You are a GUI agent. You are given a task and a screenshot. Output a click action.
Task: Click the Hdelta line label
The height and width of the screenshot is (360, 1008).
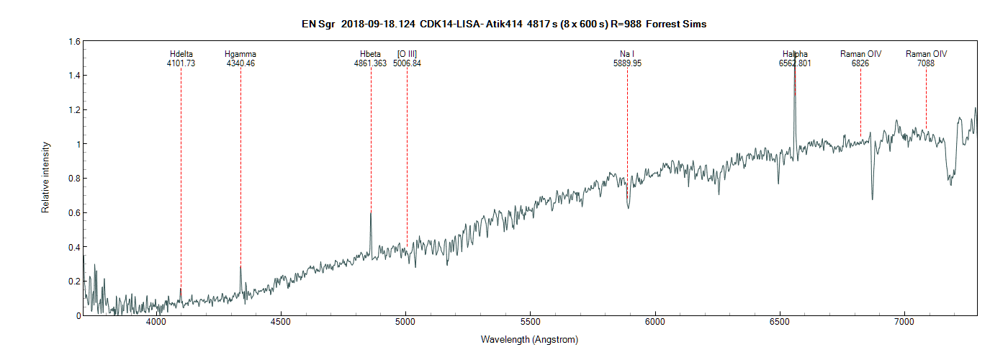pyautogui.click(x=181, y=54)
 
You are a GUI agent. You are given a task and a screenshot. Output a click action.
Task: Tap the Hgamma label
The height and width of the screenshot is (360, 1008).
pyautogui.click(x=240, y=54)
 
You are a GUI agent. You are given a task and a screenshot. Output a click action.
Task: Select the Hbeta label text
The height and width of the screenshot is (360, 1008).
pyautogui.click(x=371, y=54)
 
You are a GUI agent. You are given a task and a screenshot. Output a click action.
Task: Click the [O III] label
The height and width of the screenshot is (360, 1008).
pyautogui.click(x=407, y=54)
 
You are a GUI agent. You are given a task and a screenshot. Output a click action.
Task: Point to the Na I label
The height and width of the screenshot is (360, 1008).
pyautogui.click(x=627, y=54)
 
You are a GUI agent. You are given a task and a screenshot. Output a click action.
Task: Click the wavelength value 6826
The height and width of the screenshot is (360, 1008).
pyautogui.click(x=860, y=63)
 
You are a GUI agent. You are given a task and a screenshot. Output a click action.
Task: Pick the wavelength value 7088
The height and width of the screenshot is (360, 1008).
pyautogui.click(x=926, y=63)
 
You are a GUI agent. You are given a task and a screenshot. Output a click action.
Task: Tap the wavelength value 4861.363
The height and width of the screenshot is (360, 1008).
pyautogui.click(x=371, y=63)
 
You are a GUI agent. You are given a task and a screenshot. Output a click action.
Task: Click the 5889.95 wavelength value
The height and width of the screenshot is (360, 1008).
pyautogui.click(x=627, y=63)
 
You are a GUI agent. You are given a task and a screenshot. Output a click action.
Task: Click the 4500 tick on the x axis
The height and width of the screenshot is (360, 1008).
pyautogui.click(x=281, y=325)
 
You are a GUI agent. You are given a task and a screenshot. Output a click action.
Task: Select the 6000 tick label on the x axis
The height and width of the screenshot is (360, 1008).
pyautogui.click(x=655, y=325)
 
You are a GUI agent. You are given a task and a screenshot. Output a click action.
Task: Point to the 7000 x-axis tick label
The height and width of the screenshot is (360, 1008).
pyautogui.click(x=904, y=325)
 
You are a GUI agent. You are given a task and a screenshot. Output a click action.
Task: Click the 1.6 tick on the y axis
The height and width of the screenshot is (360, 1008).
pyautogui.click(x=74, y=42)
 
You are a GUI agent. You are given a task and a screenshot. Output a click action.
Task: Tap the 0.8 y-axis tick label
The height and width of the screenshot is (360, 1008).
pyautogui.click(x=74, y=179)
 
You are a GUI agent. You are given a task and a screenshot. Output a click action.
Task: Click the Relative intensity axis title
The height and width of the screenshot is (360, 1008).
pyautogui.click(x=45, y=179)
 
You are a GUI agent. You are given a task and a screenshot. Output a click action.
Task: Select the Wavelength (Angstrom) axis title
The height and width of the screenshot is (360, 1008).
pyautogui.click(x=529, y=339)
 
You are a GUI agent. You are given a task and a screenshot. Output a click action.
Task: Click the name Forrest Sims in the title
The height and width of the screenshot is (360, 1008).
pyautogui.click(x=676, y=24)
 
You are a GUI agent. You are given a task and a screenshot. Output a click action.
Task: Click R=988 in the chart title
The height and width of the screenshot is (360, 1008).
pyautogui.click(x=624, y=24)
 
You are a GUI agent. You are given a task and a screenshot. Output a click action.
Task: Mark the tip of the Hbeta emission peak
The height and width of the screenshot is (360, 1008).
pyautogui.click(x=371, y=212)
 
